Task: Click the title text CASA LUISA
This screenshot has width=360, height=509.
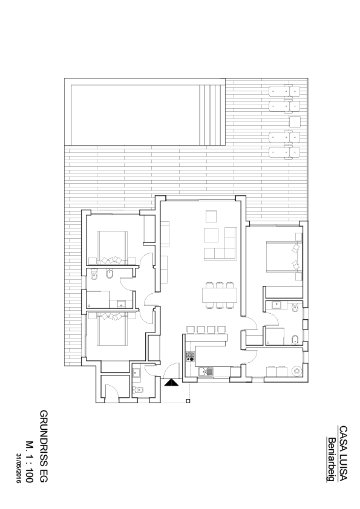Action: (x=343, y=453)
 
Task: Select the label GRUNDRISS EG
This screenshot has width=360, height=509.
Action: (x=44, y=446)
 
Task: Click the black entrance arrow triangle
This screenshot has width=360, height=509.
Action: (x=172, y=383)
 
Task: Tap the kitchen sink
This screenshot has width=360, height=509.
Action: (x=206, y=371)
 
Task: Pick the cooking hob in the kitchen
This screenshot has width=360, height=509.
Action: (x=190, y=357)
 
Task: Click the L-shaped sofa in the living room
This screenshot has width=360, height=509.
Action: (x=220, y=244)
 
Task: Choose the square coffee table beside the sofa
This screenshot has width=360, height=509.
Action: (x=211, y=235)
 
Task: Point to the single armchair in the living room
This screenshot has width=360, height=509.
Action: (x=211, y=216)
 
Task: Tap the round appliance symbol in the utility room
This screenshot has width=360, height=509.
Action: (x=297, y=371)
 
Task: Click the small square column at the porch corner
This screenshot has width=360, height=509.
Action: (x=188, y=401)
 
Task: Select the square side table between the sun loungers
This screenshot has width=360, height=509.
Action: (x=295, y=122)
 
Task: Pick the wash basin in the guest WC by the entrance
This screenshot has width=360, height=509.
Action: (x=137, y=372)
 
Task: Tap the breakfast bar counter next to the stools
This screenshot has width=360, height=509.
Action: (x=206, y=337)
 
